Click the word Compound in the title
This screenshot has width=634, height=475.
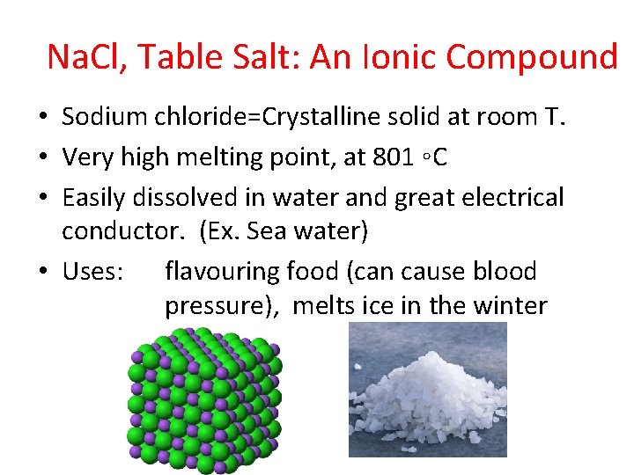coord(532,57)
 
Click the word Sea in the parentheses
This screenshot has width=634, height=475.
coord(267,232)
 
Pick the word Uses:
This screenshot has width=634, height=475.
coord(92,271)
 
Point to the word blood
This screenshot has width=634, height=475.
coord(502,271)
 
